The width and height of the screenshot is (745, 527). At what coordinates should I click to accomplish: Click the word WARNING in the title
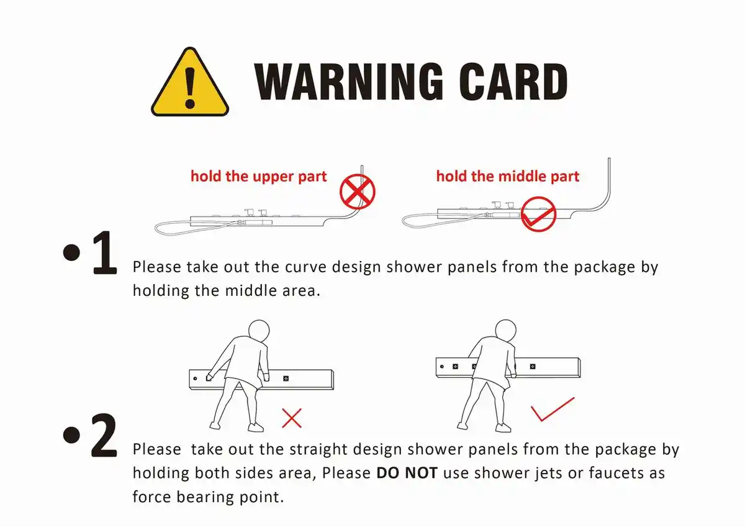(x=348, y=81)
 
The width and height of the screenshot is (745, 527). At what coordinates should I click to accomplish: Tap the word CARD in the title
(x=513, y=81)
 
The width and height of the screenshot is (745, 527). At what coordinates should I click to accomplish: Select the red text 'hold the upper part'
(x=258, y=176)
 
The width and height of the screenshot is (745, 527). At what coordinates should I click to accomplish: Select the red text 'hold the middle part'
(x=508, y=176)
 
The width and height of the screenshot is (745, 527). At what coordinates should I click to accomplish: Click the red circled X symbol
(x=357, y=192)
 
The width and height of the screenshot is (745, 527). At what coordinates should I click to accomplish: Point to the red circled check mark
(x=538, y=214)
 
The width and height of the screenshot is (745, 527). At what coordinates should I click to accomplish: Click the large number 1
(x=105, y=252)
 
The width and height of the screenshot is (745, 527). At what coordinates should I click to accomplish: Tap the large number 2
(x=104, y=435)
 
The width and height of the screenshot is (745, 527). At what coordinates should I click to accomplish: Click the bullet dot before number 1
(x=71, y=252)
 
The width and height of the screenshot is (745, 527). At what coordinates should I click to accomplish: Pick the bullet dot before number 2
(x=71, y=435)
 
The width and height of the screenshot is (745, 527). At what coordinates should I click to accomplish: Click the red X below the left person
(x=292, y=418)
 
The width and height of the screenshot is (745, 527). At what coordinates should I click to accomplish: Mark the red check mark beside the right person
(x=553, y=409)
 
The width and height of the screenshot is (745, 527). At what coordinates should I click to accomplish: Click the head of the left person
(x=259, y=331)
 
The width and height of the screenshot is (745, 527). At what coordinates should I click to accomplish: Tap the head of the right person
(x=505, y=330)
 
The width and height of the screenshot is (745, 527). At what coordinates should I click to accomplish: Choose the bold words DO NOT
(x=407, y=473)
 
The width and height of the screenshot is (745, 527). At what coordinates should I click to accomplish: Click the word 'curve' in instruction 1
(x=305, y=267)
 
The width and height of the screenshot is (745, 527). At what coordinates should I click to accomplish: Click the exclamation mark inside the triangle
(x=190, y=88)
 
